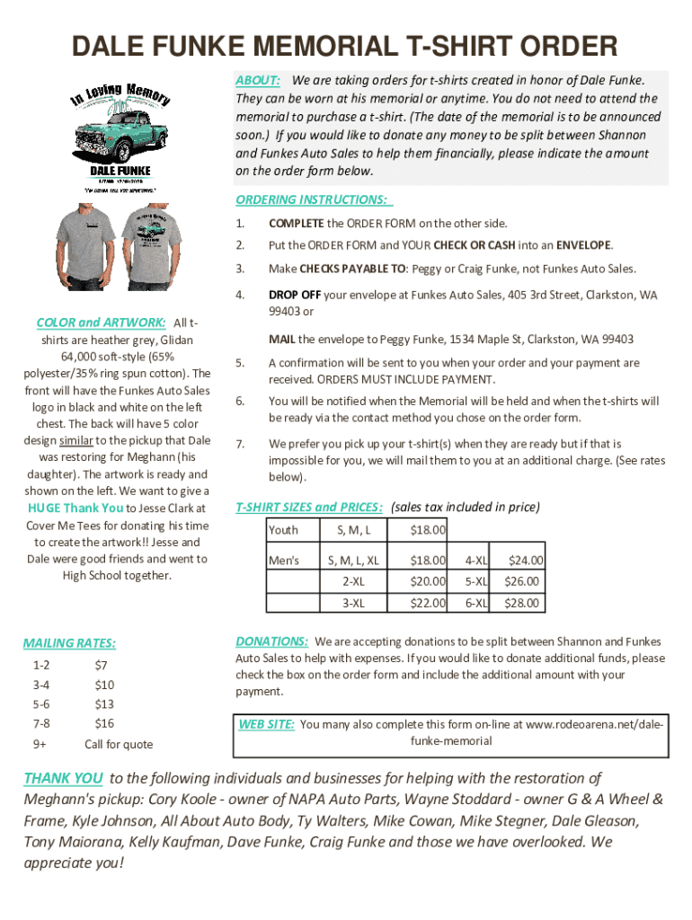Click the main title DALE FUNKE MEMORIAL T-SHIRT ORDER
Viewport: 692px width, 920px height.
tap(345, 47)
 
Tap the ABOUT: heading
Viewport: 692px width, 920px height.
tap(258, 81)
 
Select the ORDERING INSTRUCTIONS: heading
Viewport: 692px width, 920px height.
tap(314, 199)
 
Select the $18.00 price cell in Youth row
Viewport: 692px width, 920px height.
tap(427, 530)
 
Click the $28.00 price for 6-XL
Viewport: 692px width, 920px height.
tap(522, 603)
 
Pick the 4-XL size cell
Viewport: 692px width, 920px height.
tap(475, 561)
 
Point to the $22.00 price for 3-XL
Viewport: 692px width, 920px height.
tap(427, 603)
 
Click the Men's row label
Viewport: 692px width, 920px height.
tap(284, 561)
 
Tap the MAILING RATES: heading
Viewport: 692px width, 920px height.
tap(69, 643)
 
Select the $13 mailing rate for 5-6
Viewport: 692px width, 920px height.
tap(104, 704)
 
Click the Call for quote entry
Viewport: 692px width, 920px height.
tap(119, 744)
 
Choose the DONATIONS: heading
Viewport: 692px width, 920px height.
tap(271, 641)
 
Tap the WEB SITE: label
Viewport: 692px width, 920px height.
tap(266, 724)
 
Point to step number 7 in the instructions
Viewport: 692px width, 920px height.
tap(240, 444)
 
